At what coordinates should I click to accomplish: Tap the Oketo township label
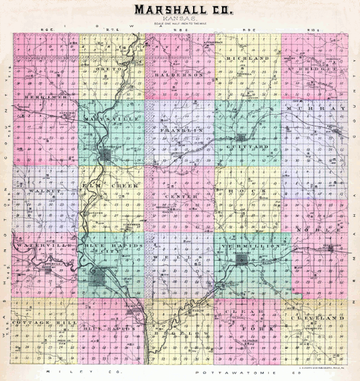click(x=111, y=69)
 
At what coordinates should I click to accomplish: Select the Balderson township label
click(x=179, y=75)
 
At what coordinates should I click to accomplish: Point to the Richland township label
click(x=247, y=58)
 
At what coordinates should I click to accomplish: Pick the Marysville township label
click(x=111, y=119)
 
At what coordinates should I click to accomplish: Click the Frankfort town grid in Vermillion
click(x=241, y=260)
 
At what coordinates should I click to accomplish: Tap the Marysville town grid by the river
click(x=106, y=154)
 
